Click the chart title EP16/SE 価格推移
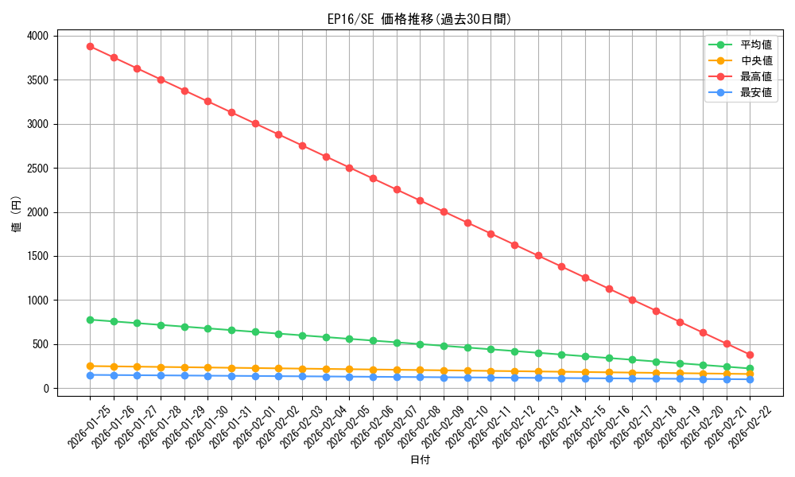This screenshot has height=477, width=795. (419, 19)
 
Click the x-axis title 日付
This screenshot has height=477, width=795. (420, 460)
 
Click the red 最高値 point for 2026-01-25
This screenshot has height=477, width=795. (90, 46)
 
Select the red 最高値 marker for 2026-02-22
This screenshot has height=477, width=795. (750, 355)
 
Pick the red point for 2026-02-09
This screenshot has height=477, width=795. (444, 211)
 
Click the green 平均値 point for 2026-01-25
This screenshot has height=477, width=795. (90, 320)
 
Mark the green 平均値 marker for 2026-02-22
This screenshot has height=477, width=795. (750, 368)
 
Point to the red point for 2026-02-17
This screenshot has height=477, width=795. (632, 300)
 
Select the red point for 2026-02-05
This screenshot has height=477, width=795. (349, 168)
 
